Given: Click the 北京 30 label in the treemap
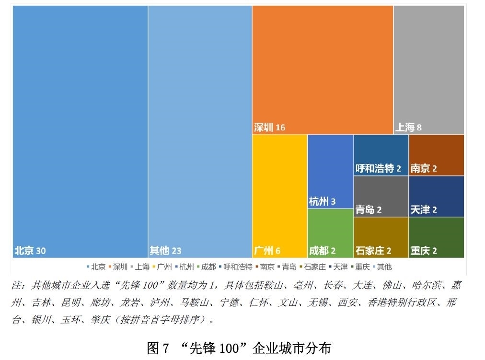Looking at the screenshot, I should (x=30, y=250).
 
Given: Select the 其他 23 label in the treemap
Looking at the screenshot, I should (x=165, y=250).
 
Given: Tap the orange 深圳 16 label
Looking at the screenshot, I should (x=269, y=128).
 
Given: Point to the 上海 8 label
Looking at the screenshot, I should (x=408, y=128).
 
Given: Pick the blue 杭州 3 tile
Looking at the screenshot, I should (x=330, y=172).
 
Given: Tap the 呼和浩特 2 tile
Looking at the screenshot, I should (x=381, y=155).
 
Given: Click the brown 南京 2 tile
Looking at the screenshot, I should (x=436, y=155).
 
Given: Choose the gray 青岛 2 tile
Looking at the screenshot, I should (x=381, y=197).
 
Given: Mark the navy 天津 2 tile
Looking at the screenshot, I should (x=436, y=197).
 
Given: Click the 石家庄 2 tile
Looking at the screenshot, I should (x=381, y=237).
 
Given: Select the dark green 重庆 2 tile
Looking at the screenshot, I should (x=436, y=237).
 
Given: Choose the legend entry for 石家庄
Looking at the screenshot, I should (x=314, y=267).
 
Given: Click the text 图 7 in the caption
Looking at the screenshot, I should (x=158, y=348).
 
